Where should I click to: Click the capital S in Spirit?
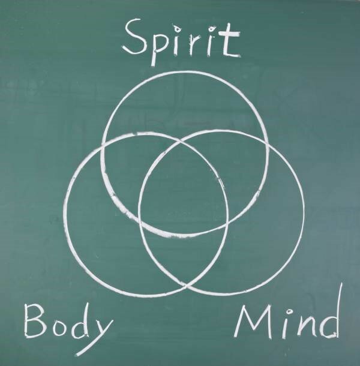tap(135, 37)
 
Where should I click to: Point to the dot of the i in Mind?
tap(289, 311)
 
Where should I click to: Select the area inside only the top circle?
tap(184, 103)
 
